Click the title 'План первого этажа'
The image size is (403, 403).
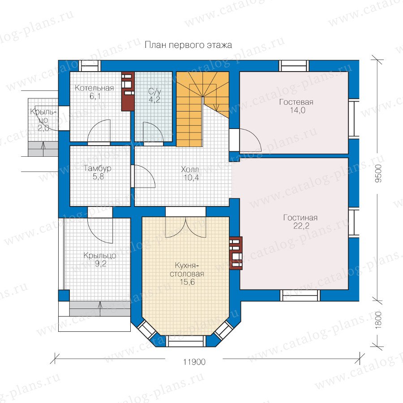click(x=188, y=45)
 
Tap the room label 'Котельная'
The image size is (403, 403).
click(x=94, y=88)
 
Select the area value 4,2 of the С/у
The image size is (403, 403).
click(x=154, y=99)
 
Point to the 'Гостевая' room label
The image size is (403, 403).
click(x=296, y=102)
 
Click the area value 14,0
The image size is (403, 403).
click(x=298, y=110)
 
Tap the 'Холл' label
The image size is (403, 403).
click(x=190, y=169)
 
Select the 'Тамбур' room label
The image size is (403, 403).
click(x=98, y=168)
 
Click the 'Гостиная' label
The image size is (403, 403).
click(x=300, y=218)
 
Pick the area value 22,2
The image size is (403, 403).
click(x=301, y=226)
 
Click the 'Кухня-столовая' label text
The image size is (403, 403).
click(x=187, y=270)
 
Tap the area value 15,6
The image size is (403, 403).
click(x=187, y=282)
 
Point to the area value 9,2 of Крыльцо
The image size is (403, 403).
click(x=100, y=263)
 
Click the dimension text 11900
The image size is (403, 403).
click(x=194, y=362)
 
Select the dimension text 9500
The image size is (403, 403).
click(x=378, y=173)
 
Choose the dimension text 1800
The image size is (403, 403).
click(x=378, y=320)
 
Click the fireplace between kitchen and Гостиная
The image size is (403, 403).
click(x=236, y=253)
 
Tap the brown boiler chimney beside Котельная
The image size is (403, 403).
click(x=128, y=91)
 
